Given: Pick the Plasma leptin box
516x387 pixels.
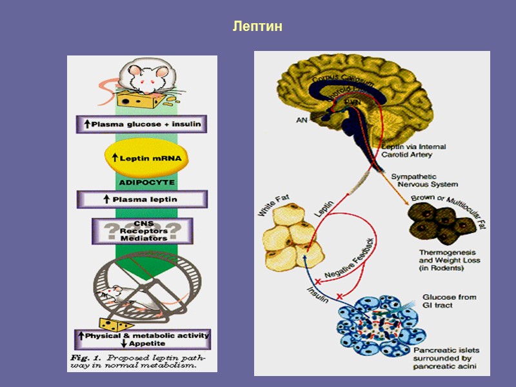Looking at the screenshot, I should pyautogui.click(x=142, y=199).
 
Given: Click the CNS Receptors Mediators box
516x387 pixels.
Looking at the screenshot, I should pyautogui.click(x=142, y=230).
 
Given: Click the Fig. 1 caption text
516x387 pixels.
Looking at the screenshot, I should pyautogui.click(x=142, y=361).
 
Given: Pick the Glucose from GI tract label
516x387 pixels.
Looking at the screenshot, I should pyautogui.click(x=449, y=301).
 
